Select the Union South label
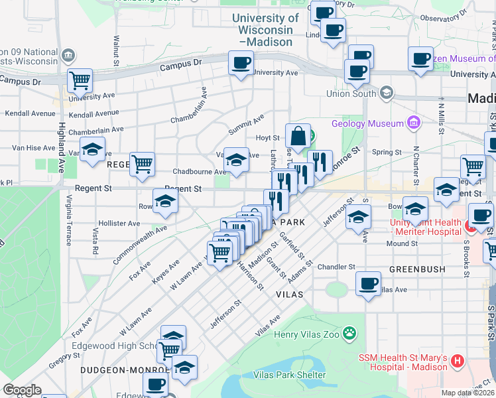[351, 94]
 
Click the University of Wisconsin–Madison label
[268, 30]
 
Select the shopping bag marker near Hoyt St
[298, 136]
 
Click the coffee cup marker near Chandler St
[369, 284]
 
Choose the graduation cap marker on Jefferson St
[358, 218]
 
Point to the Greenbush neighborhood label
[415, 270]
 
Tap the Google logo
[23, 390]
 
